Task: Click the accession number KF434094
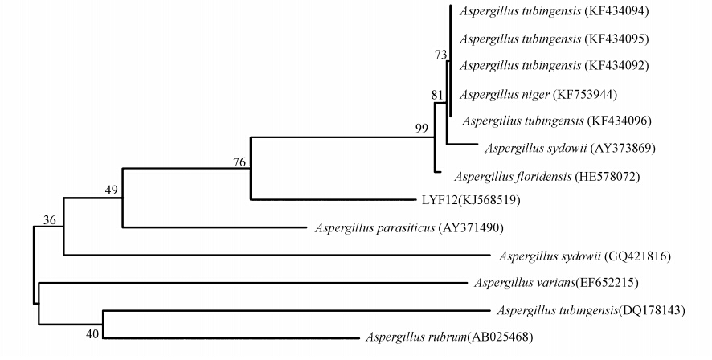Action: [x=617, y=11]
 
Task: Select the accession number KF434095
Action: [x=617, y=39]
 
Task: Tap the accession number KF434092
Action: [x=617, y=65]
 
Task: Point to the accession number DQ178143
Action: [x=652, y=310]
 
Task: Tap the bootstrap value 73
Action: [x=440, y=55]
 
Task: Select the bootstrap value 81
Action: [x=437, y=95]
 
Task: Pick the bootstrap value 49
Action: [x=111, y=190]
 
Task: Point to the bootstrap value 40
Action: [x=95, y=333]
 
